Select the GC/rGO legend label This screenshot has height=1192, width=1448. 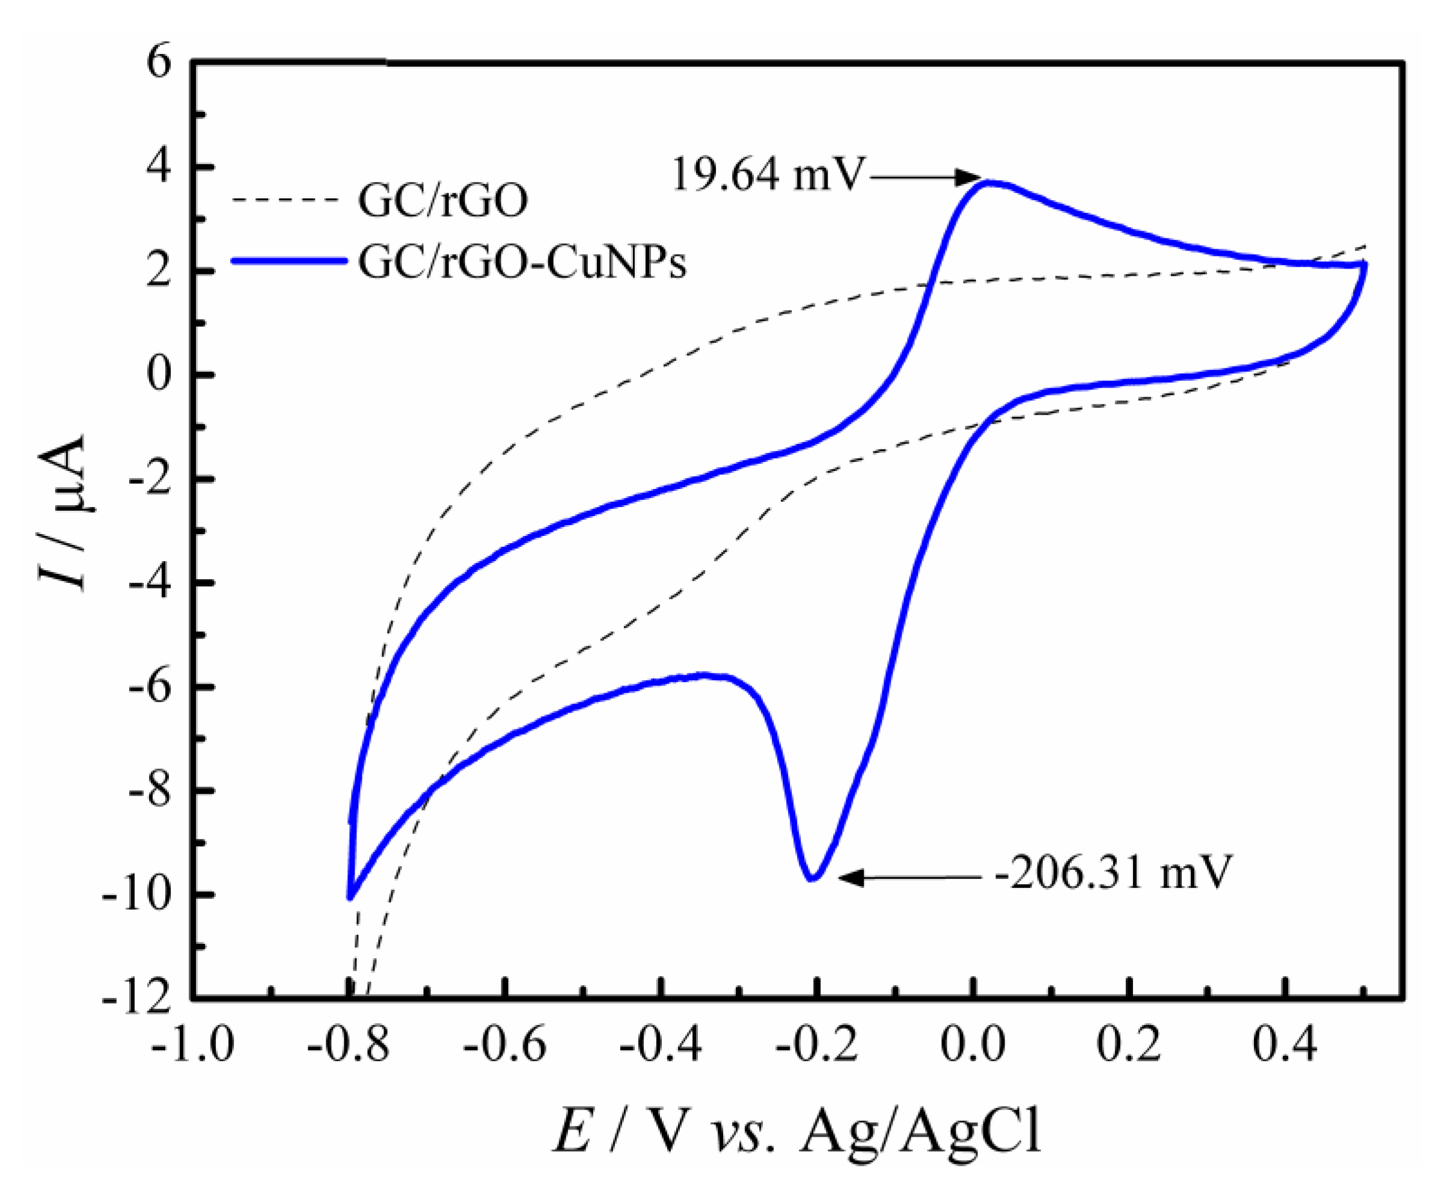tap(443, 201)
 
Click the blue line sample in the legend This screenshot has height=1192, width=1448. tap(289, 261)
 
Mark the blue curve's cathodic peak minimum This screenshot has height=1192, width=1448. tap(813, 878)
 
